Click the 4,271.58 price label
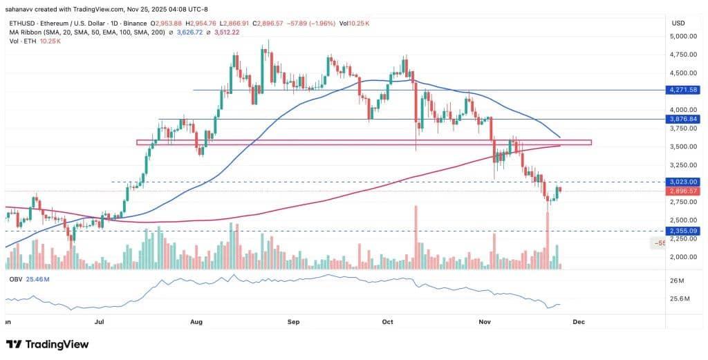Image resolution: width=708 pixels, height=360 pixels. [682, 90]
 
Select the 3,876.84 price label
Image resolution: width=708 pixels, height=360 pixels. [682, 119]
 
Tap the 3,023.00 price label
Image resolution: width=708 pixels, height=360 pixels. [682, 182]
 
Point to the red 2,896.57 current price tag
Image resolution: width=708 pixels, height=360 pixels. [682, 191]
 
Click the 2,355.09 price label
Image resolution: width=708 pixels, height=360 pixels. [682, 231]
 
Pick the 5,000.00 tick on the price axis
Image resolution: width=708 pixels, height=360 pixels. [680, 36]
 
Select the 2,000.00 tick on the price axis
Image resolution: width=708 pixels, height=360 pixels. [680, 257]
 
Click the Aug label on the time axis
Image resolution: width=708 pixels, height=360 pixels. [196, 322]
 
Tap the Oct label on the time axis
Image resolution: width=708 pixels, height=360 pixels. [387, 322]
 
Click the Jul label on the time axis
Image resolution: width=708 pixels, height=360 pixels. [100, 322]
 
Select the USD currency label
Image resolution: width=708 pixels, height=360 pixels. [678, 23]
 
